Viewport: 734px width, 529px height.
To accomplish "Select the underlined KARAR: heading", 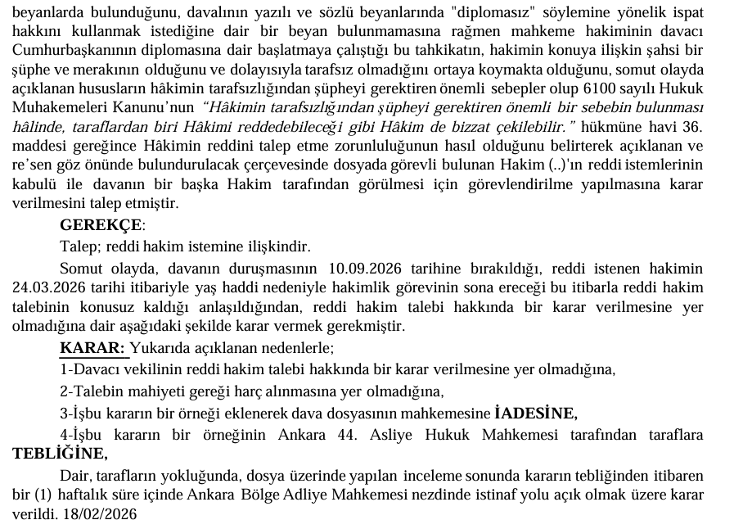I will coord(93,349).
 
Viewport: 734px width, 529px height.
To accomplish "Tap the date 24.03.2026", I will coord(52,288).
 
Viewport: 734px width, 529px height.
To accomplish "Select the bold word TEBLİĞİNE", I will coord(59,454).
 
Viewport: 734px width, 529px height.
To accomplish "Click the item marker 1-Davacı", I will coord(90,370).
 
